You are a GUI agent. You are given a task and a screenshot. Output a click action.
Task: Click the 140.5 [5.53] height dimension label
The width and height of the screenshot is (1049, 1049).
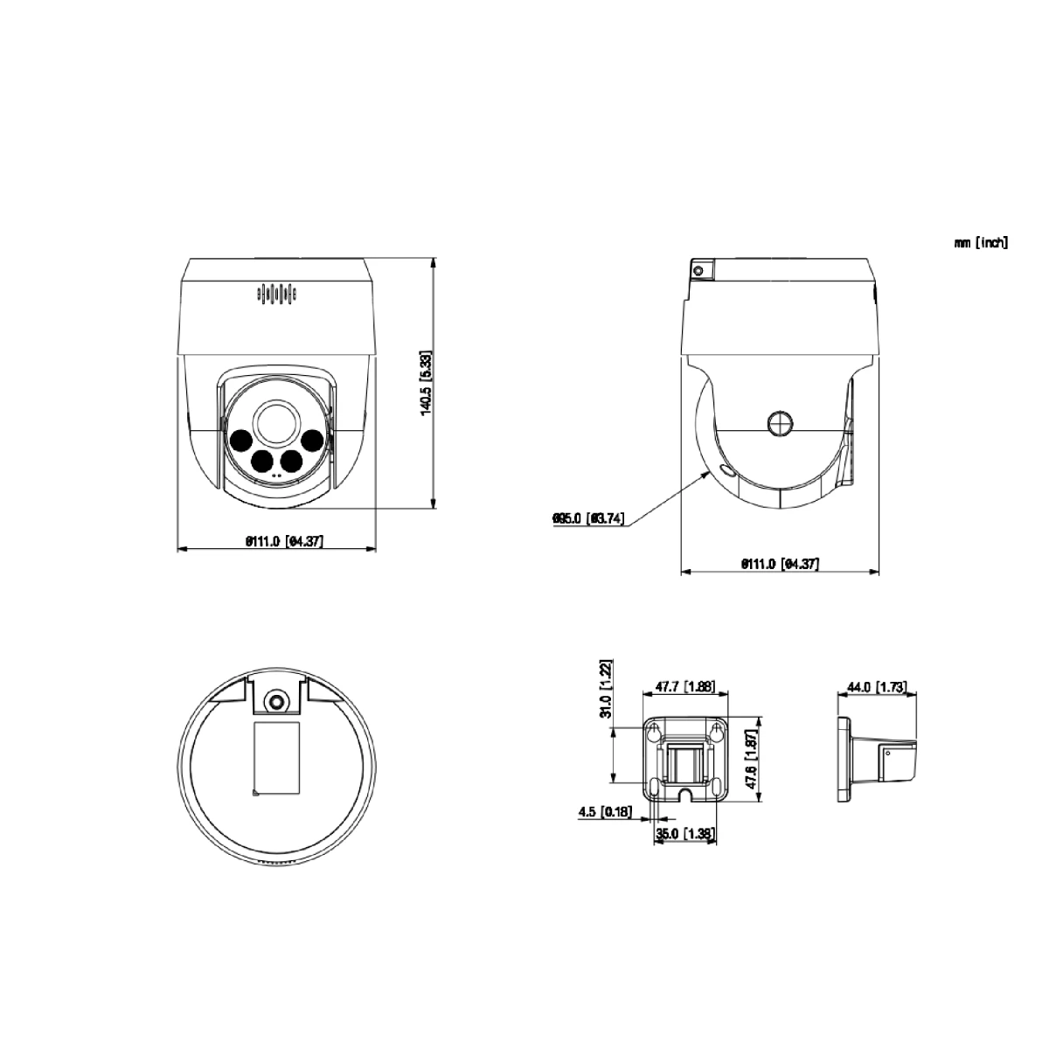pyautogui.click(x=426, y=383)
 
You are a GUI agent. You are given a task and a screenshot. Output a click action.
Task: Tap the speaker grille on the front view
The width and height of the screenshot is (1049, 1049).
pyautogui.click(x=276, y=295)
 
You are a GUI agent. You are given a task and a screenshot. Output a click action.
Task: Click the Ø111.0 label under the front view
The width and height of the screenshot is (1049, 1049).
pyautogui.click(x=284, y=541)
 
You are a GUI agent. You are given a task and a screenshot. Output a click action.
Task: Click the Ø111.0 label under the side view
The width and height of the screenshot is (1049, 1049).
pyautogui.click(x=779, y=564)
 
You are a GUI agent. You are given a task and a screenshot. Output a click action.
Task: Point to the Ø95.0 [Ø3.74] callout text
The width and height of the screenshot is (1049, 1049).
pyautogui.click(x=587, y=519)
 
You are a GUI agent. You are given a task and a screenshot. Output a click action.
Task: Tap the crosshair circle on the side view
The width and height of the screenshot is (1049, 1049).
pyautogui.click(x=780, y=424)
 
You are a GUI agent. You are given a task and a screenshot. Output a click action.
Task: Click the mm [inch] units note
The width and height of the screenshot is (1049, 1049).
pyautogui.click(x=980, y=243)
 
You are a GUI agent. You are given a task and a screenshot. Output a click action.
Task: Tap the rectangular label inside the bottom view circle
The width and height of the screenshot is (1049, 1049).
pyautogui.click(x=276, y=758)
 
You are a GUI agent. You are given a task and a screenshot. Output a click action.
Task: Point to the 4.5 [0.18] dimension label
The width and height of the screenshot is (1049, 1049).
pyautogui.click(x=605, y=812)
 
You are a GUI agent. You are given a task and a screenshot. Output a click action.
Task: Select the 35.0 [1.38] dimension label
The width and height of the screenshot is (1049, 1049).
pyautogui.click(x=685, y=834)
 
